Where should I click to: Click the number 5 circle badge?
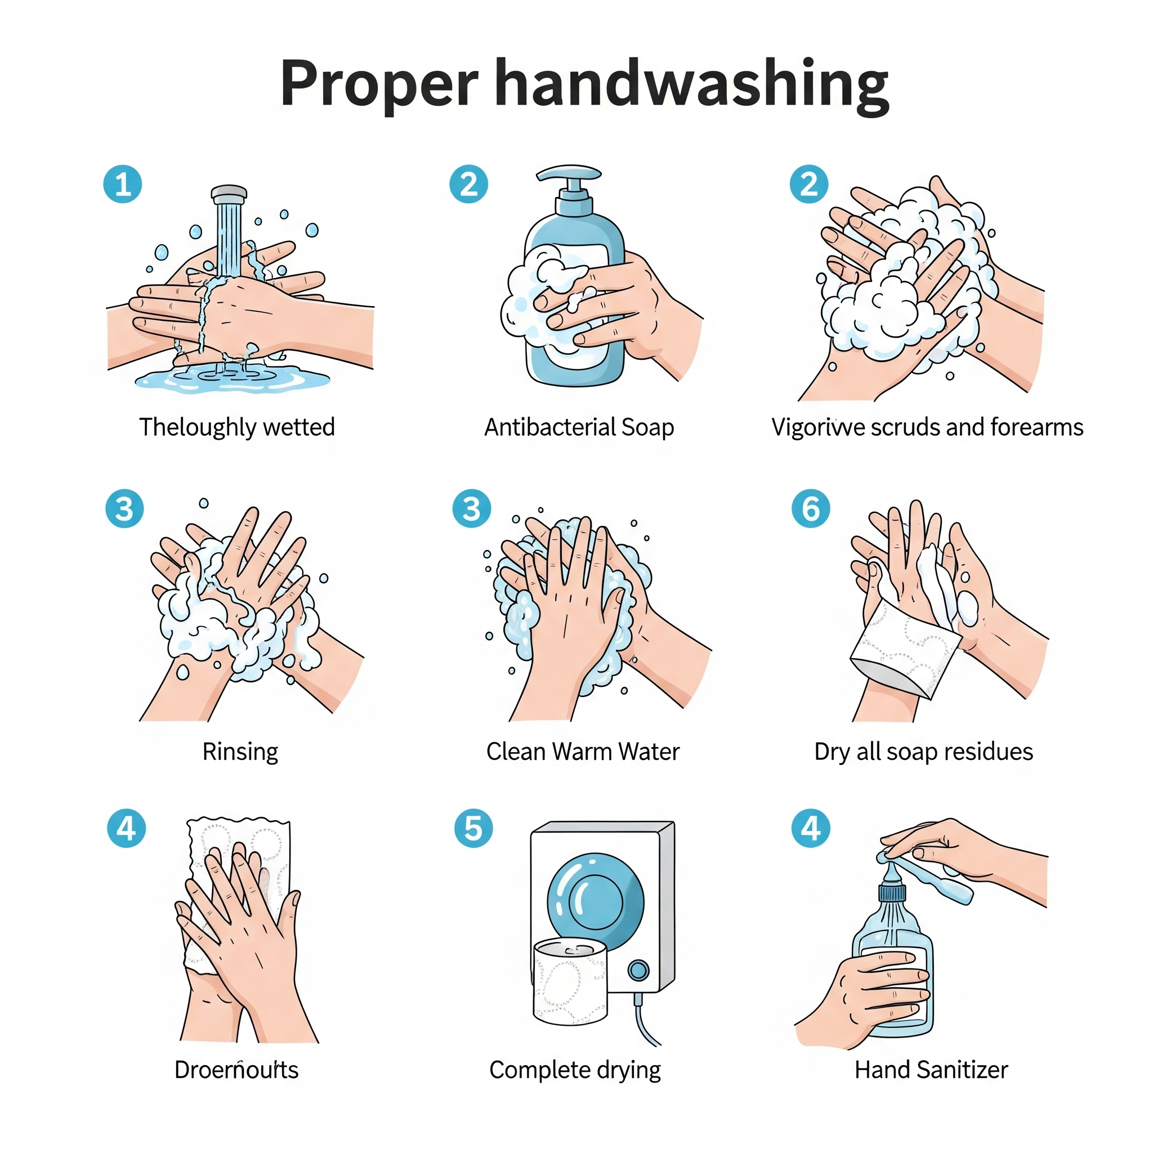click(x=473, y=828)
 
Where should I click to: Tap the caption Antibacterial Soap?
click(x=578, y=427)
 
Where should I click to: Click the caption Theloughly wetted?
click(x=237, y=427)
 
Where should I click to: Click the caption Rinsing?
click(x=240, y=752)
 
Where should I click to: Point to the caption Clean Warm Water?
click(x=583, y=752)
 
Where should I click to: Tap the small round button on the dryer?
click(x=638, y=971)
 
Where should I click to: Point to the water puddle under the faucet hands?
click(x=233, y=378)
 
